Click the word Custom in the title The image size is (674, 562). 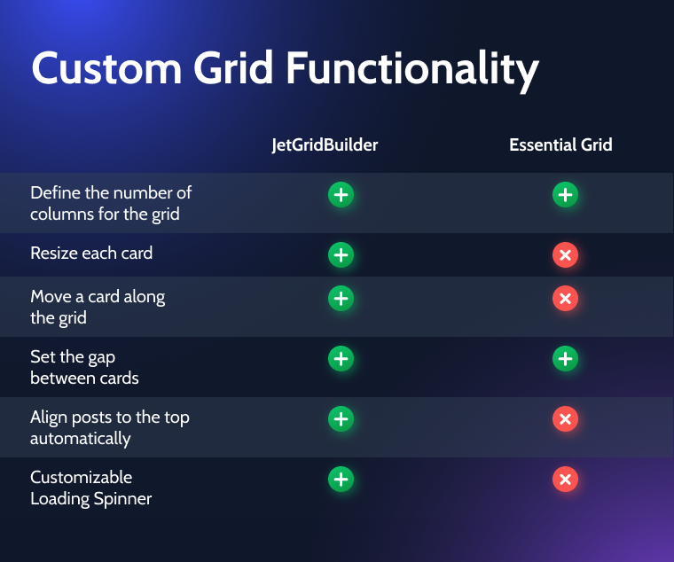pyautogui.click(x=106, y=68)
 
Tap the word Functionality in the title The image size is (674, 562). pyautogui.click(x=412, y=71)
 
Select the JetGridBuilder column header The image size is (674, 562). pyautogui.click(x=325, y=145)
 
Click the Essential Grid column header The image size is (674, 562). pyautogui.click(x=560, y=144)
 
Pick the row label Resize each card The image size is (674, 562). pyautogui.click(x=91, y=253)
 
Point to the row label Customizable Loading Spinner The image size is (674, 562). pyautogui.click(x=91, y=488)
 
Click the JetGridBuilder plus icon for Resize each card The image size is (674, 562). pyautogui.click(x=341, y=254)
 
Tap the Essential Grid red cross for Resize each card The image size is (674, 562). pyautogui.click(x=565, y=254)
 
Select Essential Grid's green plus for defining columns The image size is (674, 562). pyautogui.click(x=565, y=195)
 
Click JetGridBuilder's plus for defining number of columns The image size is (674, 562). pyautogui.click(x=341, y=195)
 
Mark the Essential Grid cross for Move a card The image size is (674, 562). pyautogui.click(x=565, y=298)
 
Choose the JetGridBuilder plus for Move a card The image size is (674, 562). pyautogui.click(x=341, y=298)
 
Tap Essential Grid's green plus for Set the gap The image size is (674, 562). pyautogui.click(x=565, y=358)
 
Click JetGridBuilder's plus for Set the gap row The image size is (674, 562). pyautogui.click(x=341, y=358)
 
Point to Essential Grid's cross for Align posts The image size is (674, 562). pyautogui.click(x=565, y=418)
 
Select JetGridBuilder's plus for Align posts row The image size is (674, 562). pyautogui.click(x=341, y=418)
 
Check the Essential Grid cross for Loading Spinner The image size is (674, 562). pyautogui.click(x=565, y=479)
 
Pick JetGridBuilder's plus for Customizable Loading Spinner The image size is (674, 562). pyautogui.click(x=341, y=479)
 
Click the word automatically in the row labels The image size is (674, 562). pyautogui.click(x=81, y=440)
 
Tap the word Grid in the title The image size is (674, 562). pyautogui.click(x=233, y=67)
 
